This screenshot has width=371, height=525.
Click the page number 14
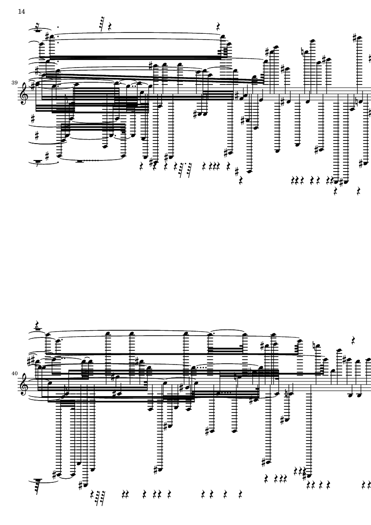click(x=21, y=12)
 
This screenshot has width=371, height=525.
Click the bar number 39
click(x=14, y=83)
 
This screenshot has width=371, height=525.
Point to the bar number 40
click(x=14, y=373)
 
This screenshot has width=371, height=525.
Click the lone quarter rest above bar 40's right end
click(x=354, y=340)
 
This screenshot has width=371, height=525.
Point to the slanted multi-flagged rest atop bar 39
click(x=102, y=24)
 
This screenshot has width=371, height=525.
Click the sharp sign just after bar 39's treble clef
click(x=32, y=87)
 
